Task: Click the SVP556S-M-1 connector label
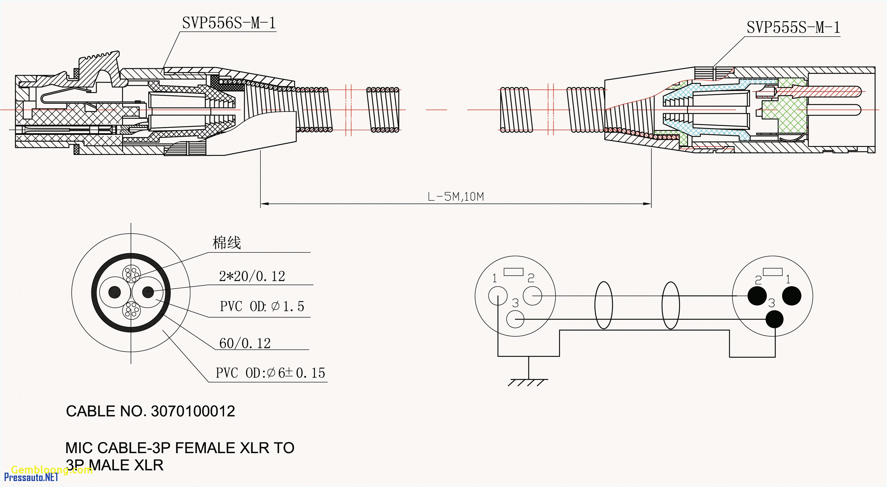pos(229,23)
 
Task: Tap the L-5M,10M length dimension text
pos(455,197)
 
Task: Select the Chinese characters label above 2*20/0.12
pos(226,243)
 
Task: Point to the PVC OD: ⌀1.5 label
pos(262,306)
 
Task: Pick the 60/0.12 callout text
pos(245,343)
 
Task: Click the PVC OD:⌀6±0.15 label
pos(270,373)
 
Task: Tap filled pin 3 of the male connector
pos(774,320)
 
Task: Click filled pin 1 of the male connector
pos(792,296)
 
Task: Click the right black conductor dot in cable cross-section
pos(148,292)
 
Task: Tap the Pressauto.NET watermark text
pos(31,477)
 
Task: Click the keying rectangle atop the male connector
pos(773,272)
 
